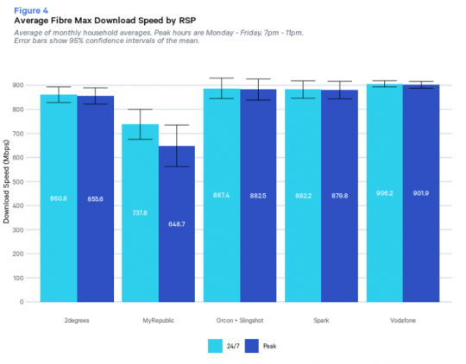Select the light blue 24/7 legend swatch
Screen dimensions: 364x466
216,344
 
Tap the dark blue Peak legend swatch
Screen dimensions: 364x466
252,344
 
